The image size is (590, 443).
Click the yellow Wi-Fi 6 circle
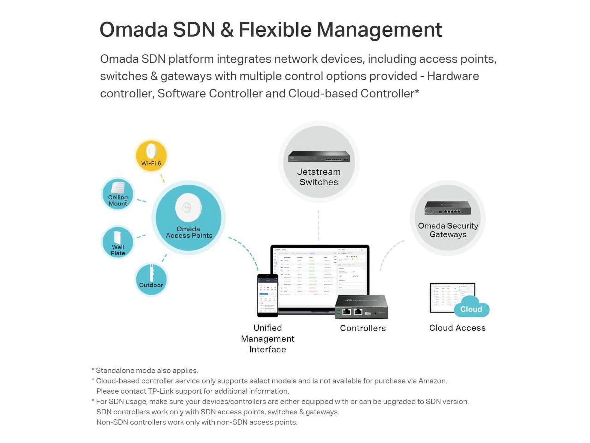coord(151,156)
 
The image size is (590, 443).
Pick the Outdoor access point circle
coord(151,279)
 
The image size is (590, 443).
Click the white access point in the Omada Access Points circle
coord(188,207)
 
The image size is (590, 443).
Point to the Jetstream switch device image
coord(319,156)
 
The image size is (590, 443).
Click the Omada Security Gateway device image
coord(448,208)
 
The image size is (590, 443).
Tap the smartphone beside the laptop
coord(268,295)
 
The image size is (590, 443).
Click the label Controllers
coord(363,328)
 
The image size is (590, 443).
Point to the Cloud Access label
coord(457,328)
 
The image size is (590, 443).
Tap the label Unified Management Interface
coord(268,338)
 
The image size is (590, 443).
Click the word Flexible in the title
coord(275,29)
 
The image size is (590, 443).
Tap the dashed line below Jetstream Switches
coord(319,225)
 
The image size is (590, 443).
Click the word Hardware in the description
coord(453,76)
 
